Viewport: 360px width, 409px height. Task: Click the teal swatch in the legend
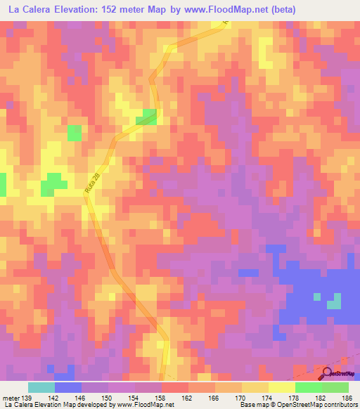click(41, 387)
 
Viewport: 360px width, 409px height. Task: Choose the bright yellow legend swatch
click(282, 387)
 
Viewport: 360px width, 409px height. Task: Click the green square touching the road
click(150, 117)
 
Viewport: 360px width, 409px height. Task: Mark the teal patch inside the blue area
click(334, 301)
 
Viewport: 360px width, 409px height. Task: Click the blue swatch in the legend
click(68, 387)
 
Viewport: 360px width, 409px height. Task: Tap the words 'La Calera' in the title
click(28, 10)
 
